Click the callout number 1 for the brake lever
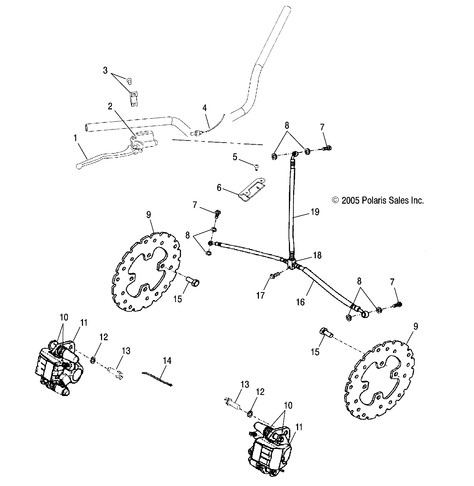(75, 138)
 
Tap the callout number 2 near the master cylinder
(110, 106)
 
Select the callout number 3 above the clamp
(105, 70)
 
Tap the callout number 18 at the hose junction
(317, 255)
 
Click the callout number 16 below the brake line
(300, 302)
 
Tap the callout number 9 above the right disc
(415, 326)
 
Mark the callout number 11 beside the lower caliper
(299, 427)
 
